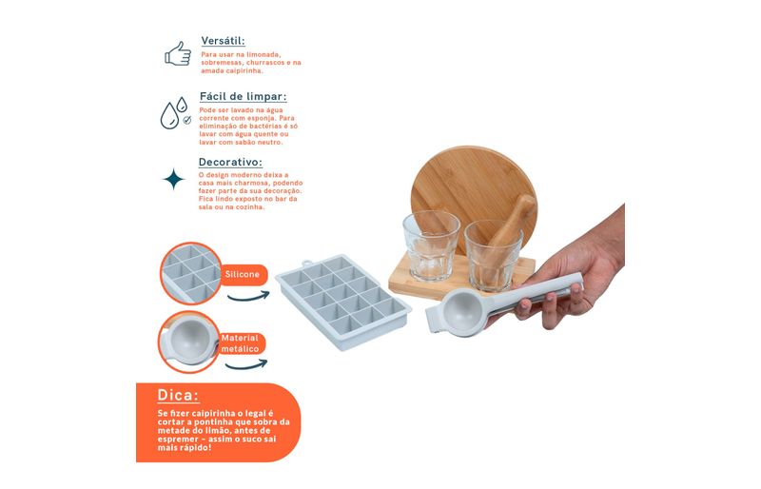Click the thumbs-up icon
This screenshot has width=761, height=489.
tap(178, 53)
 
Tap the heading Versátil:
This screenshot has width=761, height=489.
tap(224, 40)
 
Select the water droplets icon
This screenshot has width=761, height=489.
tap(175, 112)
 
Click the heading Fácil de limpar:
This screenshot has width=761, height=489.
tap(244, 96)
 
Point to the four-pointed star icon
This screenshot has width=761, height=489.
tap(174, 179)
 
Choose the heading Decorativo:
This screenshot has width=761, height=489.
tap(230, 162)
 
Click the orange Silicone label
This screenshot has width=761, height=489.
tap(243, 274)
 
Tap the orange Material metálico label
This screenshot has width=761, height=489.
tap(241, 343)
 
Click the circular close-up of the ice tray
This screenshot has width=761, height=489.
tap(191, 273)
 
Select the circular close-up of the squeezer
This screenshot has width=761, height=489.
tap(188, 342)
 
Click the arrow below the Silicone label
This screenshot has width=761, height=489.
tap(248, 296)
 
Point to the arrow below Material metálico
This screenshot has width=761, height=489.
tap(246, 364)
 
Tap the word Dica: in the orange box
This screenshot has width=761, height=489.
tap(178, 395)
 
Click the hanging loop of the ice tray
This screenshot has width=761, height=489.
tap(306, 264)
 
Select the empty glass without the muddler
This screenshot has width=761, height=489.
tap(431, 245)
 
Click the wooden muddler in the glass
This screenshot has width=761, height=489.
tap(511, 227)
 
